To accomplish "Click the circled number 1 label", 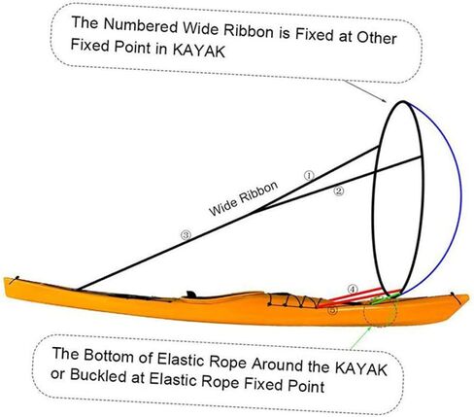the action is point(309,176).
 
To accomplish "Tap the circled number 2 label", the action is point(339,191).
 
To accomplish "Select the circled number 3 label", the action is point(186,235).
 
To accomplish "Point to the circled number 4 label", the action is point(353,289).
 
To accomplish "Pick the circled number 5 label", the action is point(332,310).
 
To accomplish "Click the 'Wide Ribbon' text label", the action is point(244,198).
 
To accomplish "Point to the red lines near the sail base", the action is point(359,296).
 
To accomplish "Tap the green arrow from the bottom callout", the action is point(361,337).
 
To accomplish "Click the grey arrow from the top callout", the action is point(365,91).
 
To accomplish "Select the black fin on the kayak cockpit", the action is point(191,295).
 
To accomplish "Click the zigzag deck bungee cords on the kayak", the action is point(293,300).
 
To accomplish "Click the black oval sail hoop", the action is point(373,197).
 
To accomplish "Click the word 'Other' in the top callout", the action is point(377,37).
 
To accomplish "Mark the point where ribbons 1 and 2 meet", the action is point(255,212).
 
